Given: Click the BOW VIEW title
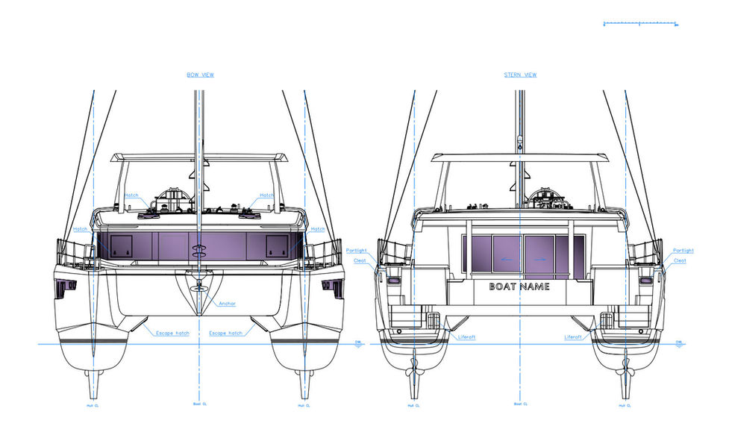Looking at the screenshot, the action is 199,75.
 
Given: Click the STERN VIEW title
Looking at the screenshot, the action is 520,75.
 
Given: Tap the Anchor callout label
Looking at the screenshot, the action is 228,304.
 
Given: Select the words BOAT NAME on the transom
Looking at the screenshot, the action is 519,287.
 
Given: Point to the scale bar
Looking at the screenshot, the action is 639,24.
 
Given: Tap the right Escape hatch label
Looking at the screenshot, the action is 225,333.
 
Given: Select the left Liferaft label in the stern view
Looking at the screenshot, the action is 464,337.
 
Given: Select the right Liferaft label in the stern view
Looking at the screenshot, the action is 574,337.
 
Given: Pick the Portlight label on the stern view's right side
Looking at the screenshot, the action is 683,251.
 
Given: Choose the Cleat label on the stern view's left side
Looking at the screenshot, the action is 360,260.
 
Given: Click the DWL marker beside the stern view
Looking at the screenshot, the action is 679,342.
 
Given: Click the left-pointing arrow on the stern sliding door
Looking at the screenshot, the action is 506,259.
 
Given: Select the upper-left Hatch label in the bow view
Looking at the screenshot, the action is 131,195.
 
